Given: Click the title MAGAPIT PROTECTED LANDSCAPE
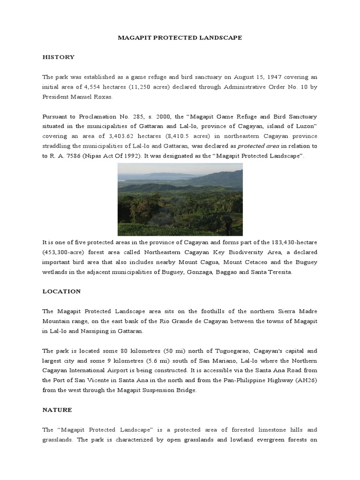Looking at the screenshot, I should click(x=180, y=37).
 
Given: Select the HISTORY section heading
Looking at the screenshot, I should click(x=58, y=57).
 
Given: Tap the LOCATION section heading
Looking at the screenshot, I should click(x=61, y=291).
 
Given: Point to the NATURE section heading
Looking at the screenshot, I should click(x=57, y=410).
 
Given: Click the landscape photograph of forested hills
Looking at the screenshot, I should click(x=180, y=199).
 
